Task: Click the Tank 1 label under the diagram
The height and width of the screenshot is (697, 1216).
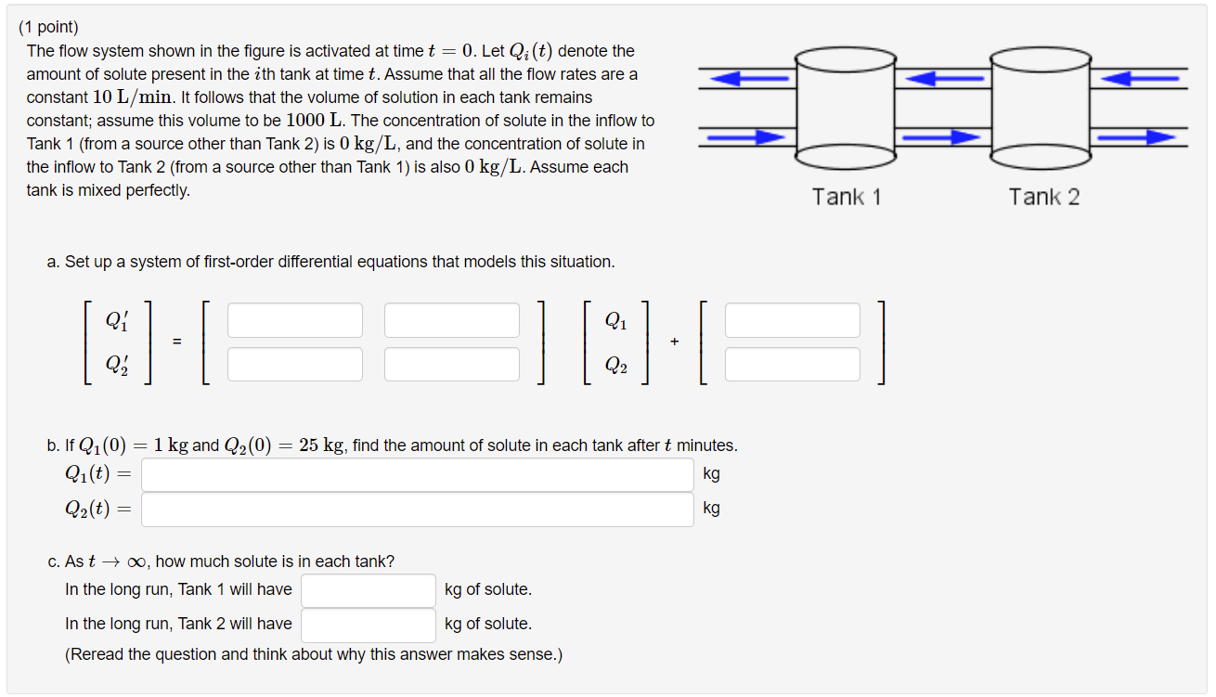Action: pos(847,197)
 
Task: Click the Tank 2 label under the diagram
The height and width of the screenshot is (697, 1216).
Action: pos(1044,197)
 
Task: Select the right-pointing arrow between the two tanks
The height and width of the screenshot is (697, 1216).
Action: pos(942,137)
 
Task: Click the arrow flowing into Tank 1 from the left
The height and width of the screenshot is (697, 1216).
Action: pos(746,137)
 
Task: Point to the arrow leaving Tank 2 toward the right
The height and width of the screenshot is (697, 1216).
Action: pos(1138,137)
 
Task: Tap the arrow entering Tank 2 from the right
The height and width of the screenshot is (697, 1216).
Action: pos(1138,79)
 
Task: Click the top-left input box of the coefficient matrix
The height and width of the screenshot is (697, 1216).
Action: pos(295,320)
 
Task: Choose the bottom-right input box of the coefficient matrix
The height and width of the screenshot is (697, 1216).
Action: pos(452,364)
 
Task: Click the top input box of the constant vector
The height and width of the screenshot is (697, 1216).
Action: pos(793,320)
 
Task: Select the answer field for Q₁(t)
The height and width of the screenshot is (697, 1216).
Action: pos(418,474)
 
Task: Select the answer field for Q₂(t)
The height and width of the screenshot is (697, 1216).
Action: pos(418,509)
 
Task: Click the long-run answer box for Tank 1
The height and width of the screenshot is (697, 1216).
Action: pos(369,590)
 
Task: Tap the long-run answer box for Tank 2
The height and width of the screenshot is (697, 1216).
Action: pos(369,625)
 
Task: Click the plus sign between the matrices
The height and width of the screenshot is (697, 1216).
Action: pos(674,342)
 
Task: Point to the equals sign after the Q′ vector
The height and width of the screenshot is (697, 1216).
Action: pos(175,342)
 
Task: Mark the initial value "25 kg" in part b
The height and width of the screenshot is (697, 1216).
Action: pos(322,445)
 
